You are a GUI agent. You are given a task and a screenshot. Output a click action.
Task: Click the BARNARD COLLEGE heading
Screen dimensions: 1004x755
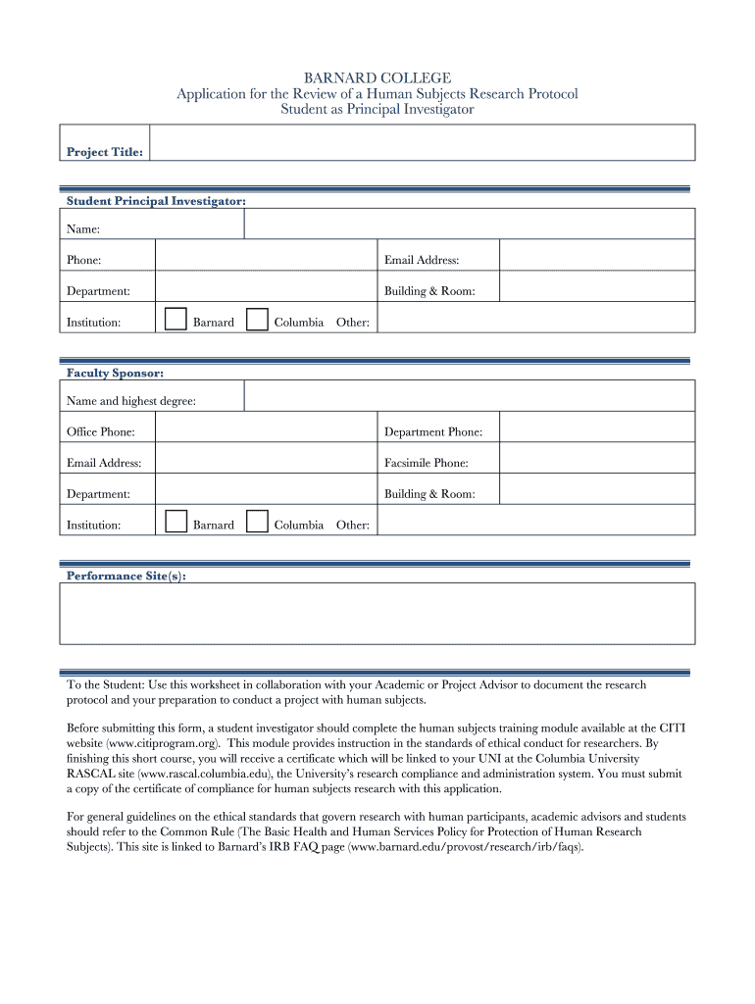(377, 77)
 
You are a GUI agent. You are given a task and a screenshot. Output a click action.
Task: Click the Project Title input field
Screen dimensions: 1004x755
(422, 142)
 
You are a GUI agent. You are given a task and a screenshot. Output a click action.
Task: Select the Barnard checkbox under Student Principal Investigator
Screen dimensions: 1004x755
(176, 320)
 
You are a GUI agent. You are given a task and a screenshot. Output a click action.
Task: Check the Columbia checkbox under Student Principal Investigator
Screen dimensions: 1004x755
(257, 320)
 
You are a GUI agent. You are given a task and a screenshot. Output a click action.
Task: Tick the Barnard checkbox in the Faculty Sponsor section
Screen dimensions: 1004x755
(176, 522)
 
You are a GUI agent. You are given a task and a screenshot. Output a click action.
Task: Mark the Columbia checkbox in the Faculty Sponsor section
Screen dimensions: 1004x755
(257, 522)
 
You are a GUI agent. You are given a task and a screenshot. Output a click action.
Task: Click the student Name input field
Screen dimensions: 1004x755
(469, 225)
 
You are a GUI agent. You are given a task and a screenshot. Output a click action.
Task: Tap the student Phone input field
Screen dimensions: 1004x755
(266, 257)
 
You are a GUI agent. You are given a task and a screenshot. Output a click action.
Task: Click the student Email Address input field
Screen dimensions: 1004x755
(596, 257)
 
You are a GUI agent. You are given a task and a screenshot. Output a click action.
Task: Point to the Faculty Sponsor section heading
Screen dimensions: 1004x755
(115, 374)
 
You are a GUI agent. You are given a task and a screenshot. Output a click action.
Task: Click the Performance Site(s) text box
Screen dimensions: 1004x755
(377, 614)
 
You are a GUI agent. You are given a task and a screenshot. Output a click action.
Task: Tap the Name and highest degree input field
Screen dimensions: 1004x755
(469, 397)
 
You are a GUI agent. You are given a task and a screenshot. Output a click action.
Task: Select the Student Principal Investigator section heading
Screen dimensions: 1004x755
(156, 201)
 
